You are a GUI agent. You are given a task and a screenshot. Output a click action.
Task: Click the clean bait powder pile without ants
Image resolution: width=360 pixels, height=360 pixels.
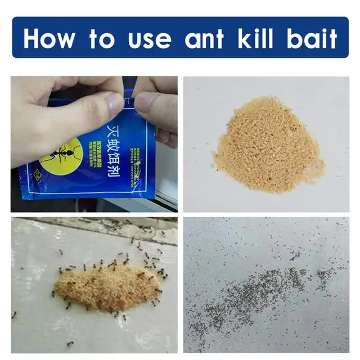[268, 147]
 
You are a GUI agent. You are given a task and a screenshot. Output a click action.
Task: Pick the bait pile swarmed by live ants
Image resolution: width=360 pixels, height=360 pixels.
[107, 287]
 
